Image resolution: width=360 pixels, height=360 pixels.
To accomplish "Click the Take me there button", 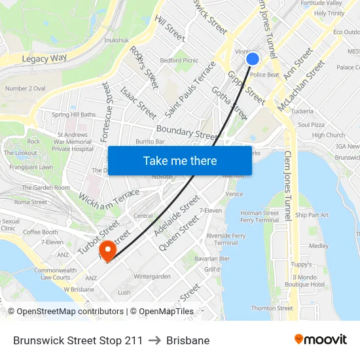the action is (x=180, y=160).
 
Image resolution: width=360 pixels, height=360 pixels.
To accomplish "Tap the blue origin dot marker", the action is (x=253, y=60).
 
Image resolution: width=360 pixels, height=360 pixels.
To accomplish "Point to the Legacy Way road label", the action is (x=45, y=58).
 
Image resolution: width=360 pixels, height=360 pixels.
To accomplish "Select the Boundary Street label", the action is (x=187, y=133).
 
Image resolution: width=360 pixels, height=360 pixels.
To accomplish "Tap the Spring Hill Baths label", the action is (x=74, y=115).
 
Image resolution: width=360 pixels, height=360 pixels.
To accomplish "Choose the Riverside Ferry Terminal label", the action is (x=226, y=239).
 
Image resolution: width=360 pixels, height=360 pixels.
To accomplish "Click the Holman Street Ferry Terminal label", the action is (x=260, y=217).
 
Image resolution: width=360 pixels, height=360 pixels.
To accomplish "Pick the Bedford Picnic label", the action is (x=179, y=60).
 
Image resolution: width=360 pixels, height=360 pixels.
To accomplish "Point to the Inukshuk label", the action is (x=116, y=40).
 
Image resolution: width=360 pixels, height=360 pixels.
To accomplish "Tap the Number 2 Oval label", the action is (x=25, y=88).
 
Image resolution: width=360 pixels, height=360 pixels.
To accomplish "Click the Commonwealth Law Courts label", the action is (x=55, y=274).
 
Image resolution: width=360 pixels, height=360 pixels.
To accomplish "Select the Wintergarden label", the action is (x=152, y=276).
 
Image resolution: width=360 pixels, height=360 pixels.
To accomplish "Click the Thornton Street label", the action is (x=272, y=308).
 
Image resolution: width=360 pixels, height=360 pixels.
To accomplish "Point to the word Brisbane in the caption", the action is (x=188, y=340).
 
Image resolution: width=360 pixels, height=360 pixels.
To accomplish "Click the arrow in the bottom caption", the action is (x=154, y=340).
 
